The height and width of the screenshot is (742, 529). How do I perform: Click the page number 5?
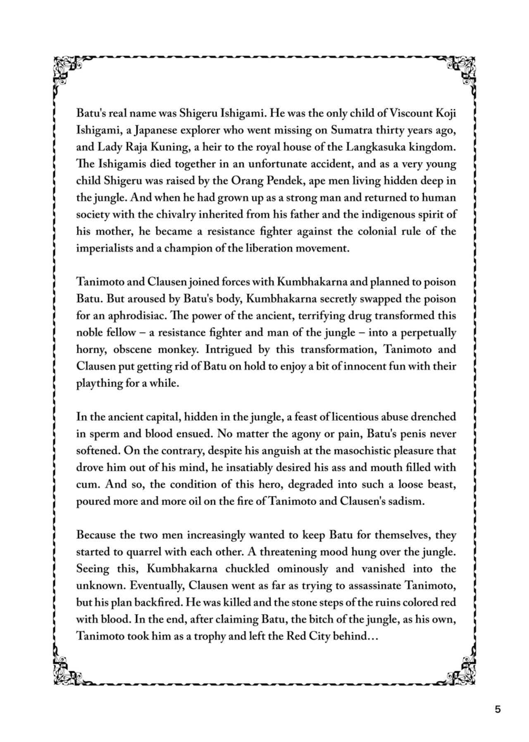pos(498,709)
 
